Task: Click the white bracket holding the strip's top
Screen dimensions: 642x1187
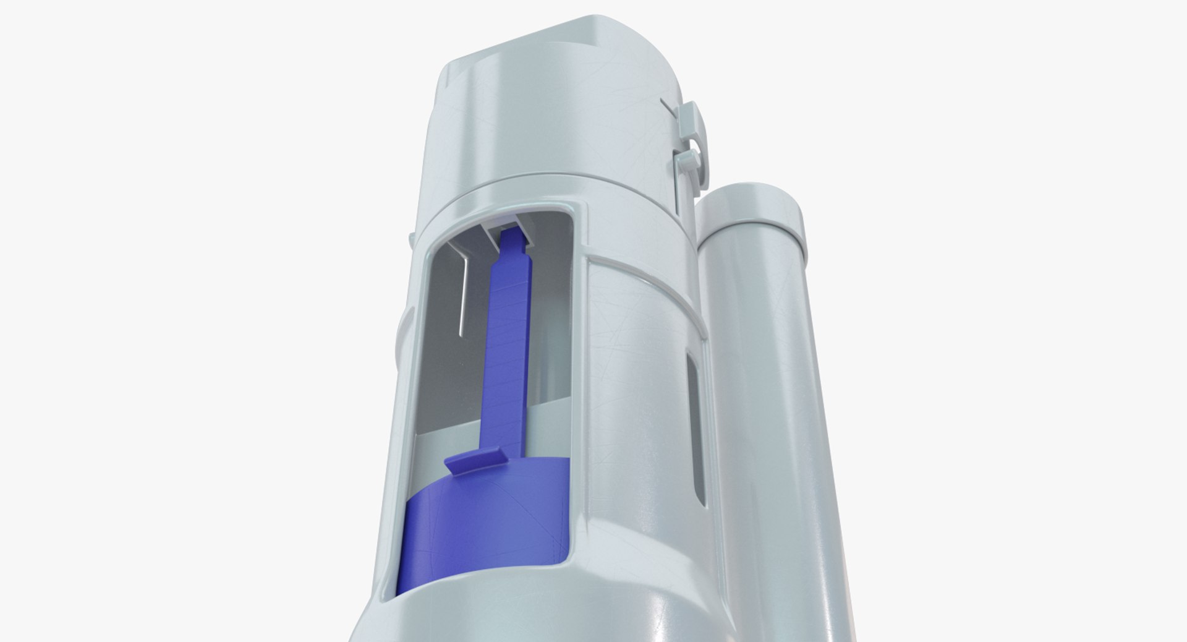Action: coord(507,223)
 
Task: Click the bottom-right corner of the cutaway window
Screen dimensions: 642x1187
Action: coord(584,560)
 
